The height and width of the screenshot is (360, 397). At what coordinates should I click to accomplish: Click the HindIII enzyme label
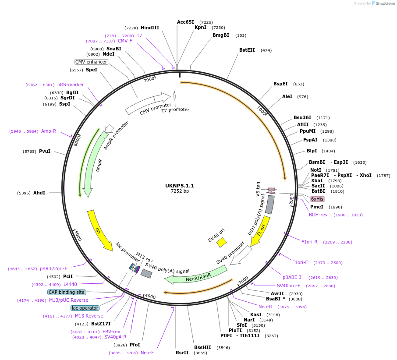[x=150, y=28]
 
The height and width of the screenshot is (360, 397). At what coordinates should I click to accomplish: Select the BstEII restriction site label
[x=247, y=50]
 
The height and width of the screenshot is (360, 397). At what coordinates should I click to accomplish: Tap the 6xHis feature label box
[x=317, y=199]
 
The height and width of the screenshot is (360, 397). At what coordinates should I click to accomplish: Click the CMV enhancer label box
[x=91, y=62]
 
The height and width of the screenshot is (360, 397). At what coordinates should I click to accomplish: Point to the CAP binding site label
[x=67, y=292]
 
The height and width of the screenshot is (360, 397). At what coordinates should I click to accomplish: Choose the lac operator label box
[x=85, y=308]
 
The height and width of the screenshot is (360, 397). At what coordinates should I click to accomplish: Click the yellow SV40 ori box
[x=221, y=242]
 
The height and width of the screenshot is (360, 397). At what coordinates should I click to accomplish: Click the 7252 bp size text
[x=180, y=191]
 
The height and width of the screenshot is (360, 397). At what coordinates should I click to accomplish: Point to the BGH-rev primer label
[x=318, y=215]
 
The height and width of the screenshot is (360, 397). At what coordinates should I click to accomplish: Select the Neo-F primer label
[x=147, y=353]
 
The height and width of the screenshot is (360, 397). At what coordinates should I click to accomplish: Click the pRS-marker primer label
[x=71, y=85]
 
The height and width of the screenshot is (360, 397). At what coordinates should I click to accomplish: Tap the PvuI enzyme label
[x=45, y=151]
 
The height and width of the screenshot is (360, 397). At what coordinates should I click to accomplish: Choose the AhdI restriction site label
[x=39, y=193]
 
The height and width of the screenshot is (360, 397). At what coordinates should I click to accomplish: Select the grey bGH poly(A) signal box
[x=270, y=205]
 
